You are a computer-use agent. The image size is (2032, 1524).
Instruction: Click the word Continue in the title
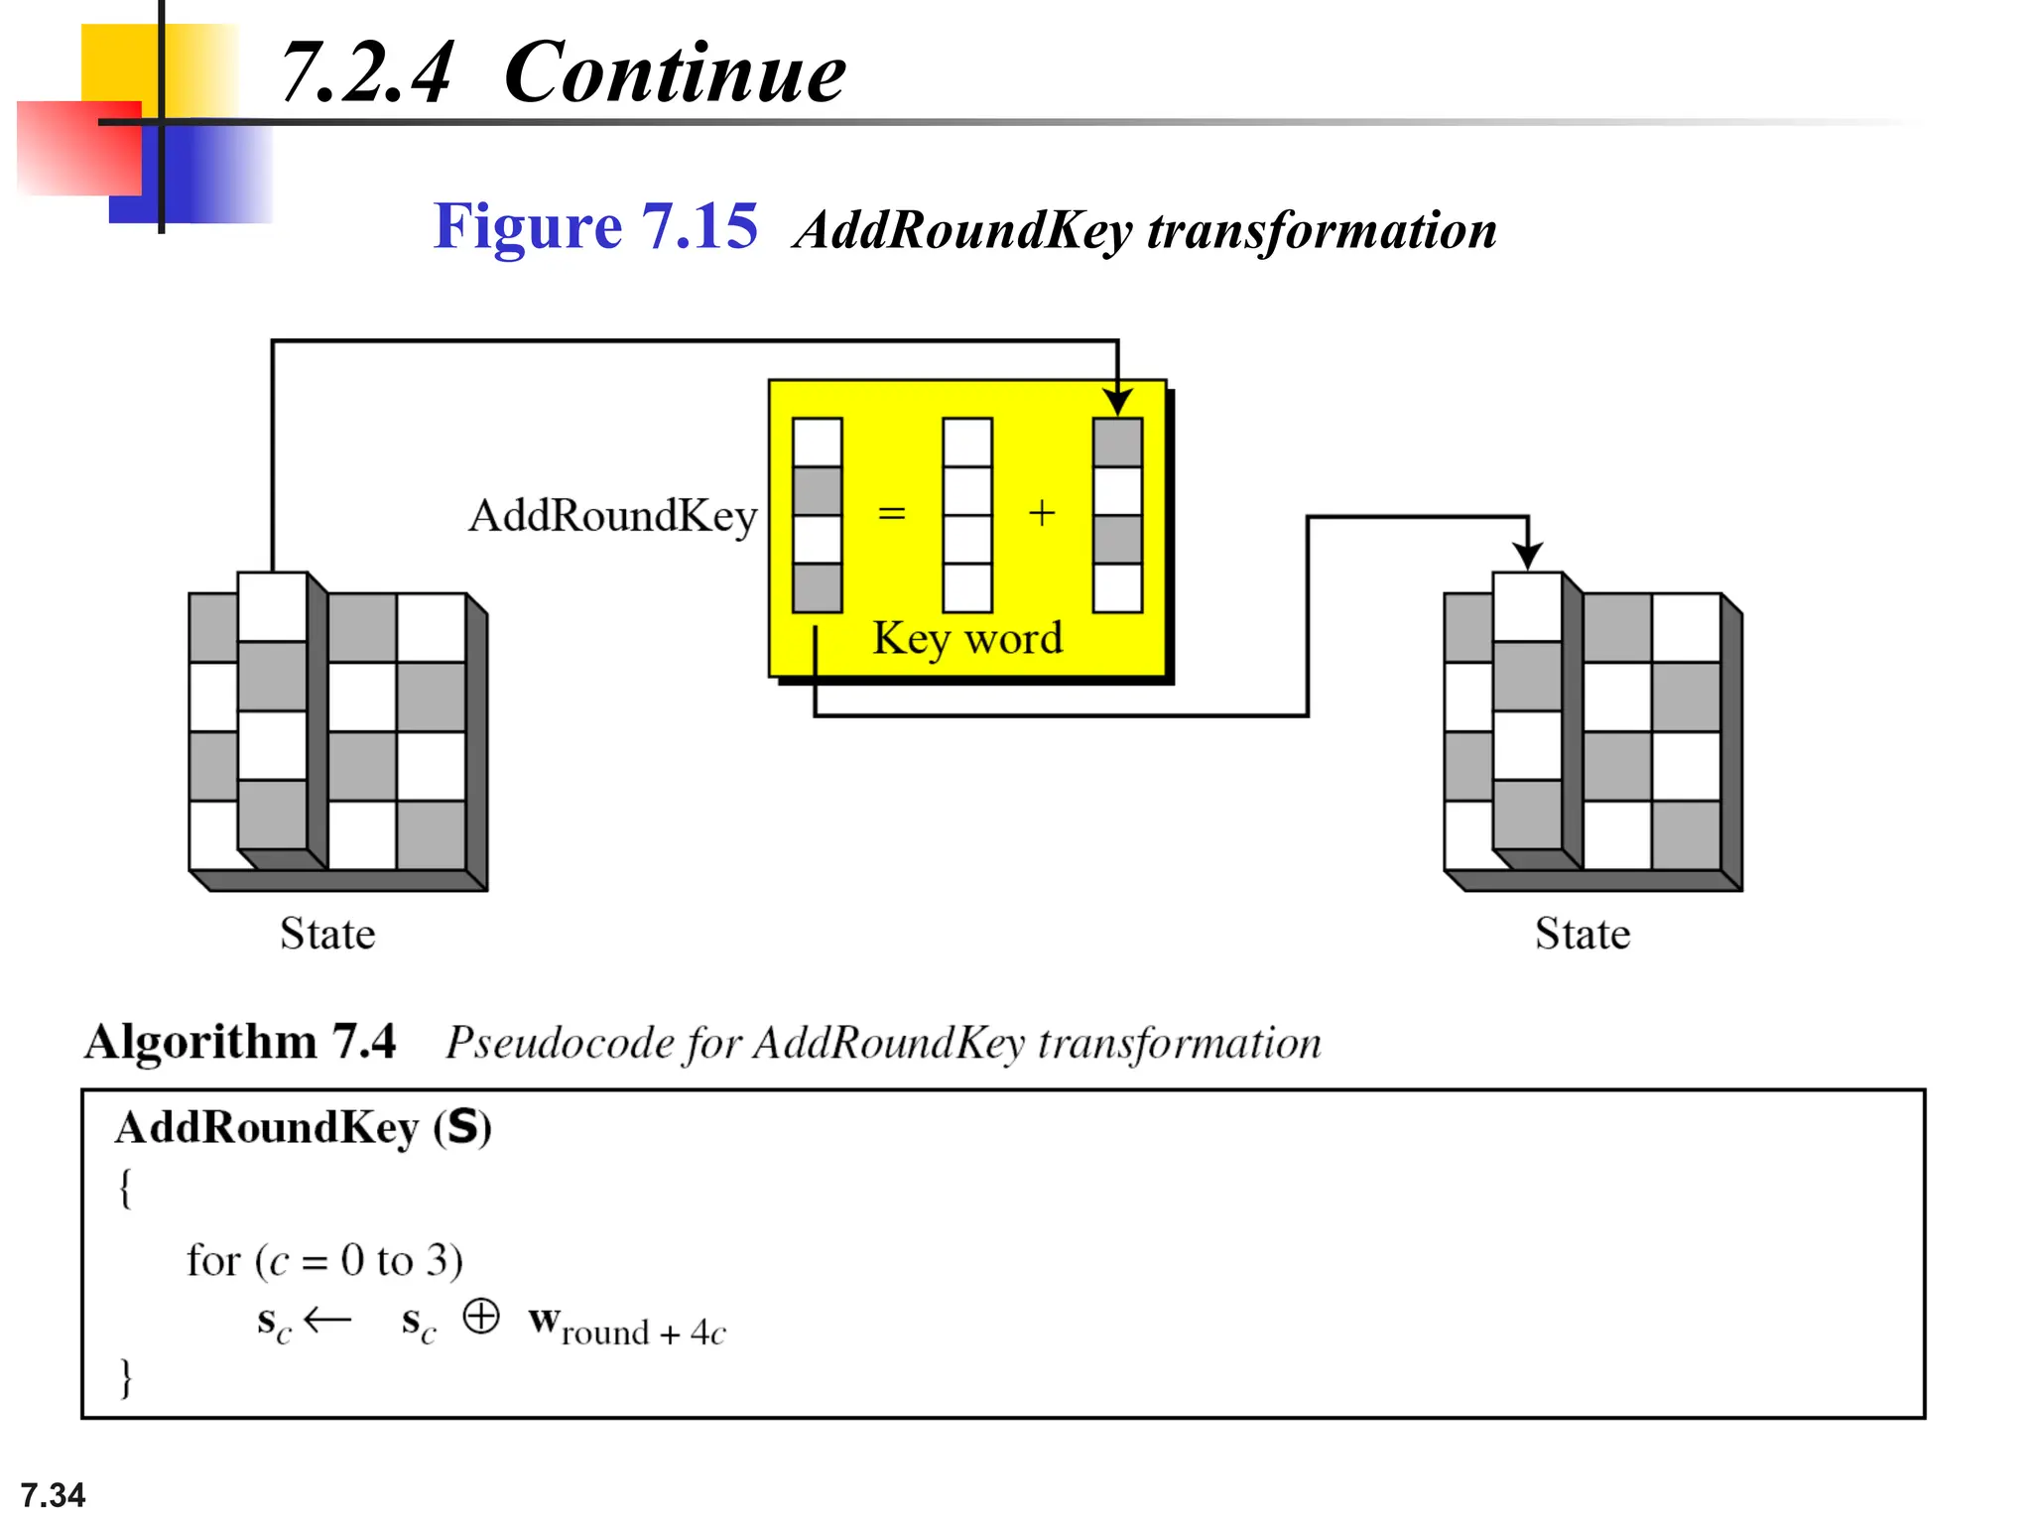click(x=674, y=73)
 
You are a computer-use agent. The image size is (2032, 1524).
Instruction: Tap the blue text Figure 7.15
click(x=595, y=226)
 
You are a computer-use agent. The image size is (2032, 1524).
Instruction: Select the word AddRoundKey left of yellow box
click(x=613, y=516)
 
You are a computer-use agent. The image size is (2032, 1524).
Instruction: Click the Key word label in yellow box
click(x=967, y=638)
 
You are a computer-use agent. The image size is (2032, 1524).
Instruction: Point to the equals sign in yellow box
click(x=892, y=514)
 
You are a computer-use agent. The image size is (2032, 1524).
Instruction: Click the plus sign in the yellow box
click(x=1041, y=514)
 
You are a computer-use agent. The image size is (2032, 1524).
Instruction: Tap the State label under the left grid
click(x=327, y=934)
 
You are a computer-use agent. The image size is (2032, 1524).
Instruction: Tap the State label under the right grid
click(x=1583, y=934)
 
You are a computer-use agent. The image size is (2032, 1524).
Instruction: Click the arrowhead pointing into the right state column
click(x=1528, y=556)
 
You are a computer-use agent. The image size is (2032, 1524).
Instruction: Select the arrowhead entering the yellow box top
click(x=1118, y=402)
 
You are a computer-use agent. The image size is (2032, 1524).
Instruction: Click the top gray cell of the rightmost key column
click(x=1118, y=443)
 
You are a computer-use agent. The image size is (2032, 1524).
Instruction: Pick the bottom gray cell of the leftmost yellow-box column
click(x=818, y=587)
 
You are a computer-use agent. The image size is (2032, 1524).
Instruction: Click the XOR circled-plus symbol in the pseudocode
click(x=481, y=1317)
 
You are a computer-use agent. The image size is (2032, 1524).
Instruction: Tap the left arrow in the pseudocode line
click(x=327, y=1320)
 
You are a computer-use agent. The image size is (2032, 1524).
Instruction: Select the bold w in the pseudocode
click(x=544, y=1321)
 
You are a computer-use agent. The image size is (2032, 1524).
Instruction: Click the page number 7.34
click(x=53, y=1494)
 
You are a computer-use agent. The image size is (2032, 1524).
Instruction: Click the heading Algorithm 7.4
click(x=240, y=1042)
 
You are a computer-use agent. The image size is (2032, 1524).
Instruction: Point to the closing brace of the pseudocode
click(x=126, y=1377)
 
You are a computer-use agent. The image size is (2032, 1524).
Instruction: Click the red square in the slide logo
click(x=77, y=149)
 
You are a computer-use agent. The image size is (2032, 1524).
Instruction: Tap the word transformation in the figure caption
click(x=1322, y=230)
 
